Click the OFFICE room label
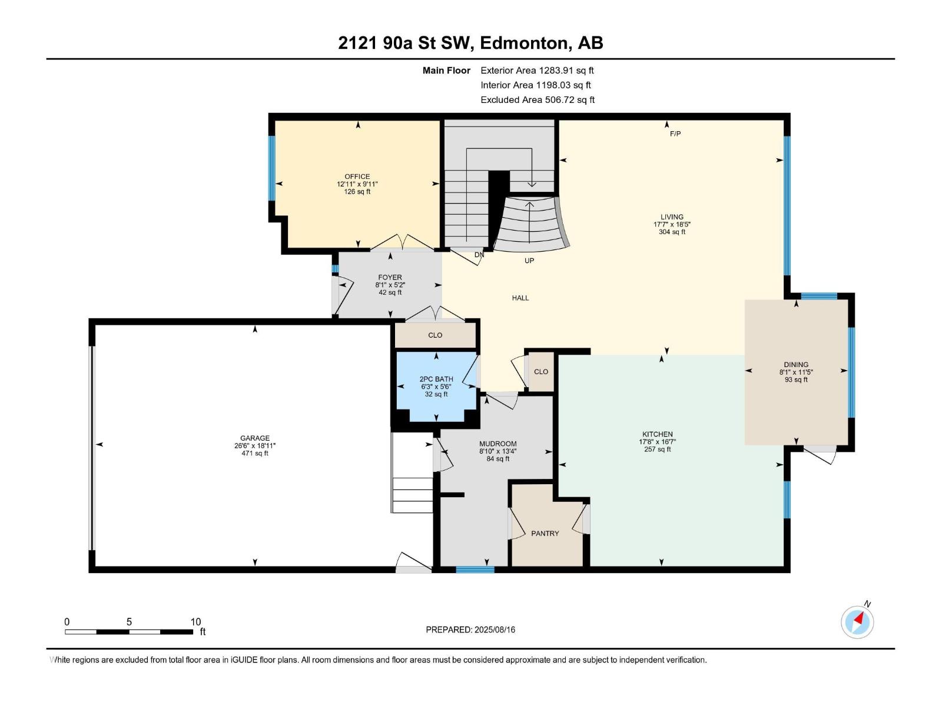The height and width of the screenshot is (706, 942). (357, 176)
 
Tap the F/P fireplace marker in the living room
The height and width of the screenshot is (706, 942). (675, 134)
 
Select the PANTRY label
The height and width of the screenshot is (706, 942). (545, 534)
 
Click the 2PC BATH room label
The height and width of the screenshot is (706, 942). (436, 379)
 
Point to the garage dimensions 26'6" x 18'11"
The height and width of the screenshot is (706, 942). (254, 446)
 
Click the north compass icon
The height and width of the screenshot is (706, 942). (857, 622)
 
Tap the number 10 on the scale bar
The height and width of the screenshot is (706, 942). (195, 622)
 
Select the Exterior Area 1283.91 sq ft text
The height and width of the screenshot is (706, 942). (537, 71)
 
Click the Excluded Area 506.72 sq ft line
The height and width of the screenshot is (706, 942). (537, 100)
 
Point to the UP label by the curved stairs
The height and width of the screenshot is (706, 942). (529, 261)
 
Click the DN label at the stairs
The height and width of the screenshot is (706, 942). (479, 255)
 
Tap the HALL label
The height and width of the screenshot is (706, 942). (520, 298)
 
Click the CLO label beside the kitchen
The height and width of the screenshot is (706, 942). (541, 372)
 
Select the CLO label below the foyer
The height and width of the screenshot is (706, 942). (435, 335)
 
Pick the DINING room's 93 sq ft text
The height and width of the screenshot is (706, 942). (796, 380)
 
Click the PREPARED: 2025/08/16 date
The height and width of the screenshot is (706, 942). (470, 630)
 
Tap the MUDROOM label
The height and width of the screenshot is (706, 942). (497, 444)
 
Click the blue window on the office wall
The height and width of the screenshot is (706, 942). (272, 168)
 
